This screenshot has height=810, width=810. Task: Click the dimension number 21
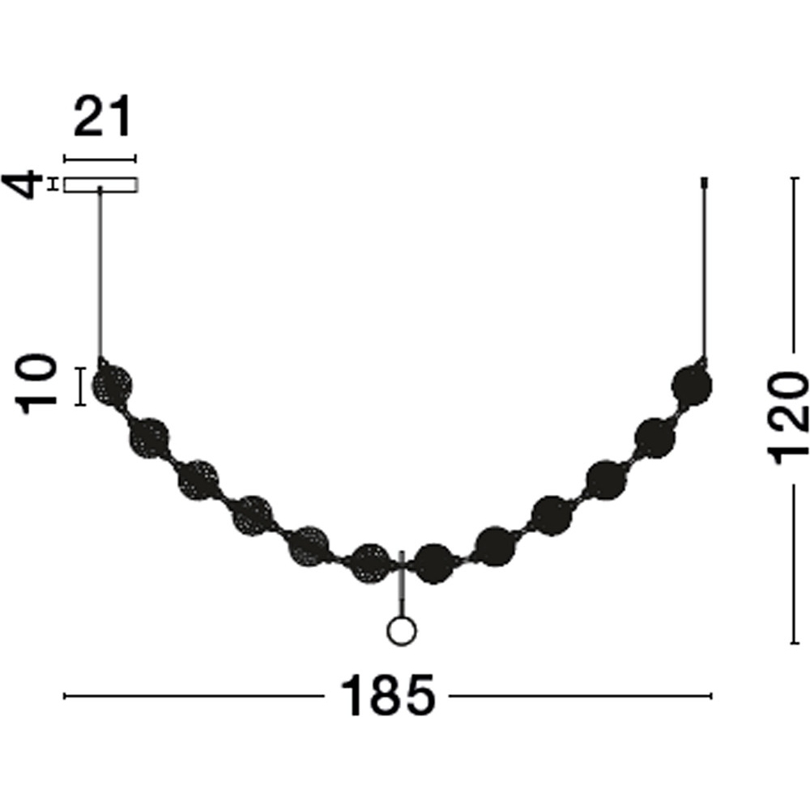pos(102,117)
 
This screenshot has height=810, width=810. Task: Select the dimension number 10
pos(36,385)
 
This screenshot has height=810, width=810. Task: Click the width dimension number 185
pos(387,695)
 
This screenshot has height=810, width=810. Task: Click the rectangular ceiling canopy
pos(100,185)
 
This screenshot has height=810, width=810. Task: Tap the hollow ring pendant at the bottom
pos(402,631)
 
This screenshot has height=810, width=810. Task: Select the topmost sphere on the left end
pos(112,385)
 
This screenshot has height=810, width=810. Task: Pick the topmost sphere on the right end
pos(692,386)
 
